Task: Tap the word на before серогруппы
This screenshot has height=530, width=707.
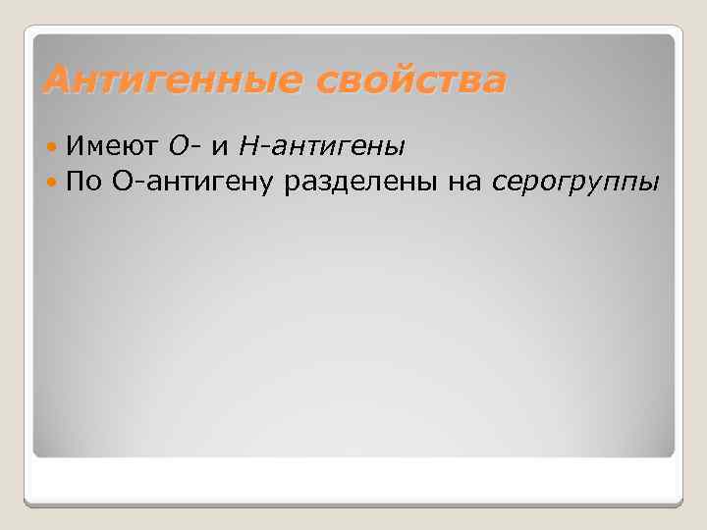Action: coord(457,183)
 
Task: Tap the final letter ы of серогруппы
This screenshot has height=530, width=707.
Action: coord(651,184)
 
